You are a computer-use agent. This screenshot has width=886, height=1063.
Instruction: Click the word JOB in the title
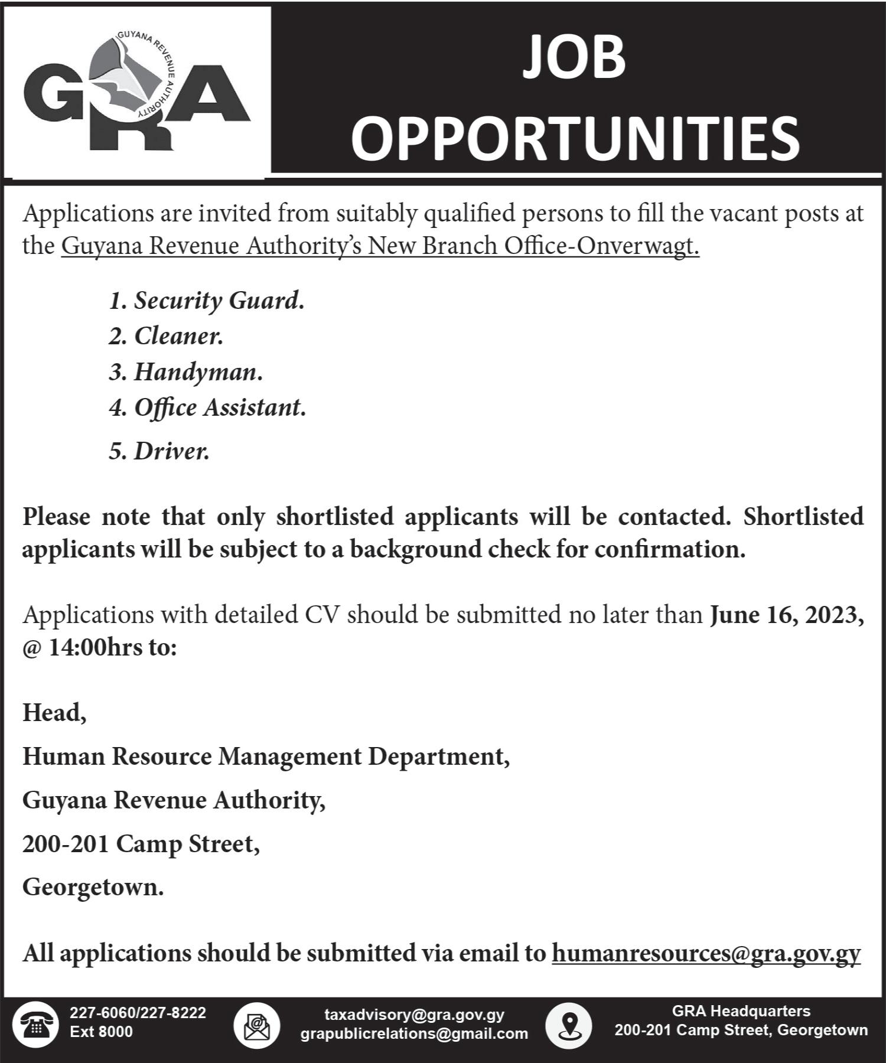point(574,57)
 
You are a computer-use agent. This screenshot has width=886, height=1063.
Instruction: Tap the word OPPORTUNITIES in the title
point(575,138)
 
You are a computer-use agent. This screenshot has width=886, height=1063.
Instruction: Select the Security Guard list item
point(206,301)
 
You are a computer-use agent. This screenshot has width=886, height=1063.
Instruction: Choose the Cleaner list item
point(166,336)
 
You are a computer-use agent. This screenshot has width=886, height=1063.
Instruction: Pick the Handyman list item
point(185,372)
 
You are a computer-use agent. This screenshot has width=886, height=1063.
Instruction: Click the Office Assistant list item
point(207,407)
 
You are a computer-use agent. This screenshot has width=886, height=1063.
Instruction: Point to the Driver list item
point(159,451)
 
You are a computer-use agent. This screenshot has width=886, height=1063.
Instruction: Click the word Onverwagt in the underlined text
point(637,246)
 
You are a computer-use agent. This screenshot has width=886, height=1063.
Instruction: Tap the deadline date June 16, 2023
point(786,615)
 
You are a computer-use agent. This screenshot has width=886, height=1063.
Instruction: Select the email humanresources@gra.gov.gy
point(706,953)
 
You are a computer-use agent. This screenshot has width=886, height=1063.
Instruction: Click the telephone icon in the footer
point(35,1024)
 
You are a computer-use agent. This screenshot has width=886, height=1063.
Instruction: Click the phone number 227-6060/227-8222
point(138,1013)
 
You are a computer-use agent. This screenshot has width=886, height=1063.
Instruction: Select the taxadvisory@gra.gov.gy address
point(414,1015)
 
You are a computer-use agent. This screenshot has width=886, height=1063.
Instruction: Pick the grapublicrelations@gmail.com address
point(414,1033)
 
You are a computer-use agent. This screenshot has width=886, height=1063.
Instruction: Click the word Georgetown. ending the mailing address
point(93,887)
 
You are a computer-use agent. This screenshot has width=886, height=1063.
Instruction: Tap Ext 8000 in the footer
point(101,1032)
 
